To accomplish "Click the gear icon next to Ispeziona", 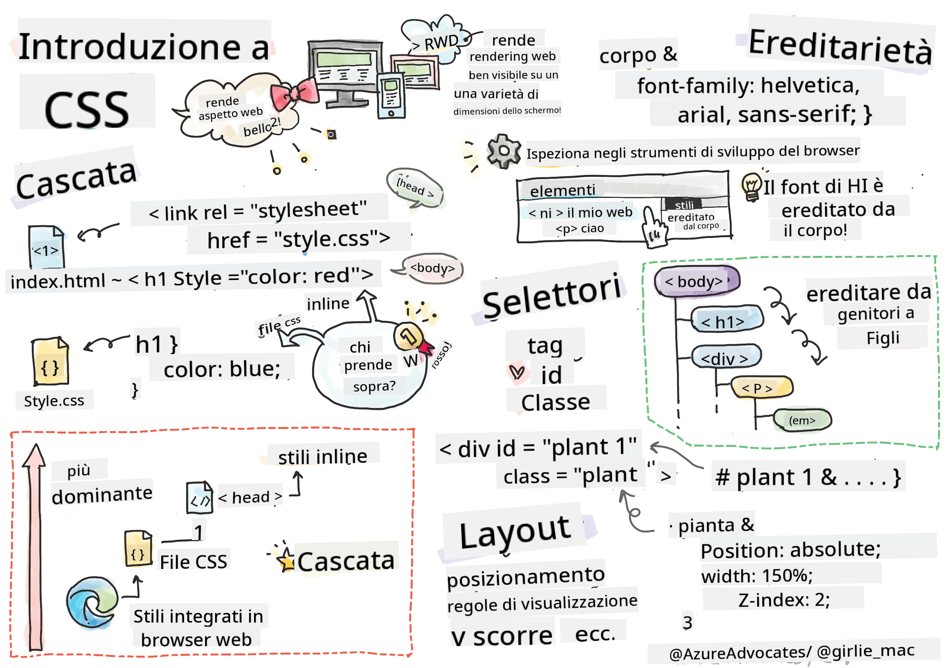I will point(503,151).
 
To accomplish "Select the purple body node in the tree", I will point(697,281).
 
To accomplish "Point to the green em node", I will point(802,421).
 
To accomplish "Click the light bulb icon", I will point(752,186).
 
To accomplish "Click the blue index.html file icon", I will point(46,247).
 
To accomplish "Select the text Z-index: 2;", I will point(784,600).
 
